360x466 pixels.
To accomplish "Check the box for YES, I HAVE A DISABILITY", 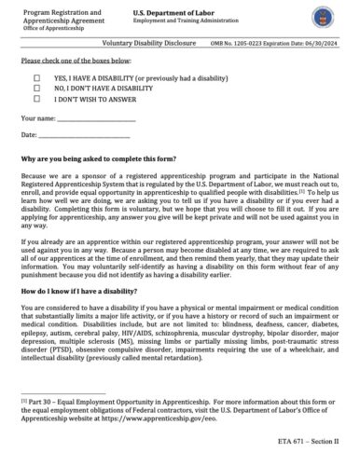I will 37,78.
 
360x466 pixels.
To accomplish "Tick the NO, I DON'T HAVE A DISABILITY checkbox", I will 37,89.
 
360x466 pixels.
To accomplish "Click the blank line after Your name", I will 95,120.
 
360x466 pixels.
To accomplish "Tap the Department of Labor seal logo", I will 327,18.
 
